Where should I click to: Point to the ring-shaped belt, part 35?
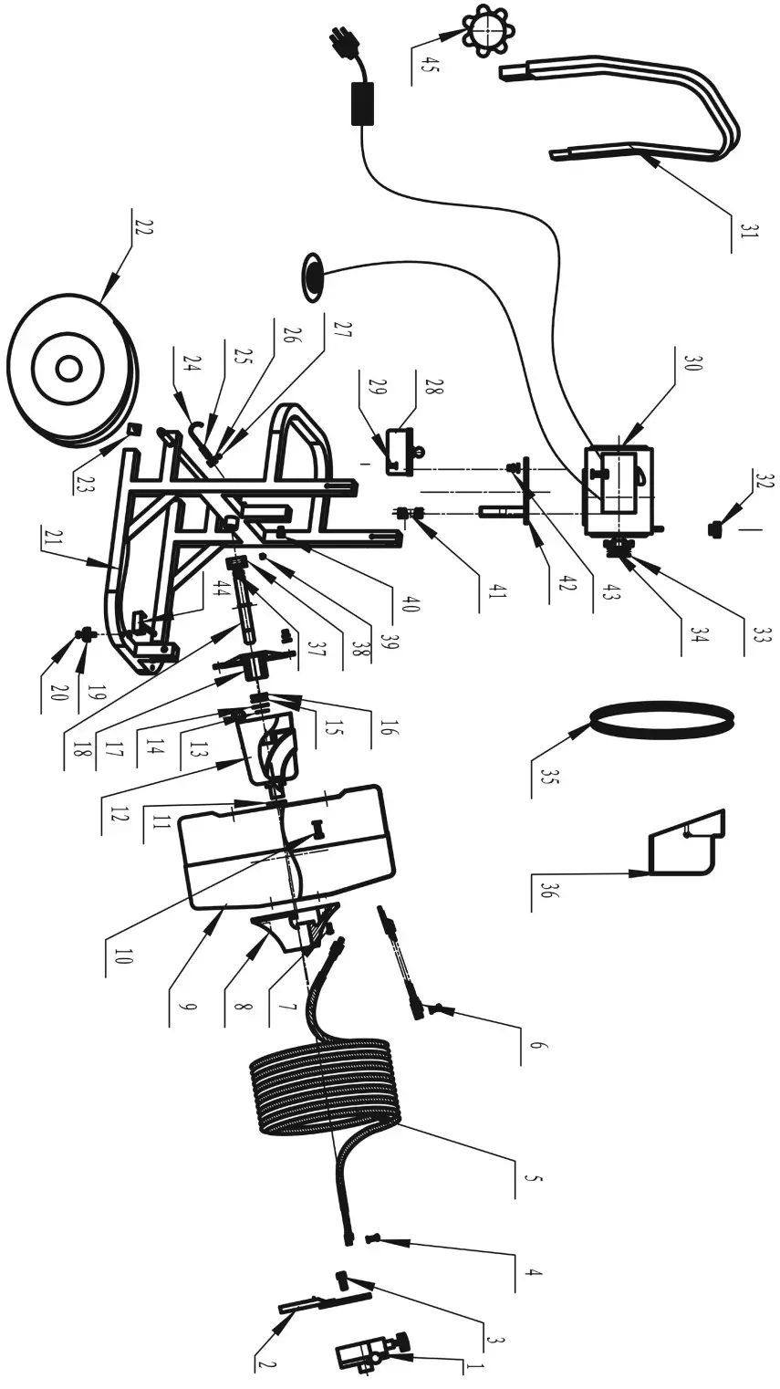tap(662, 720)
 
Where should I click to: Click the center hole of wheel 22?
tap(68, 369)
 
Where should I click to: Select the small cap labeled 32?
tap(715, 528)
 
